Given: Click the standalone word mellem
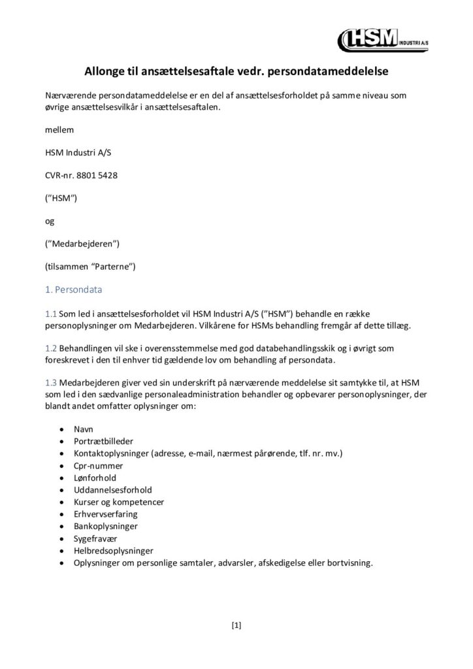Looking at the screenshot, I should tap(58, 129).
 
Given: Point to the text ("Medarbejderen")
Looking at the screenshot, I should tap(82, 244).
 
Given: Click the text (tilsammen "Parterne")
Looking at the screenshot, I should tap(90, 267).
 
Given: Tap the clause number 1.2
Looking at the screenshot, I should tap(51, 349).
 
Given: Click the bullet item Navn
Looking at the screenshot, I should tap(84, 431).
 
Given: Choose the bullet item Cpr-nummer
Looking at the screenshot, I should tap(99, 466).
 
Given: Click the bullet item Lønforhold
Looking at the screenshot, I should tap(95, 478).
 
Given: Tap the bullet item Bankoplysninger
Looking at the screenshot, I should tap(106, 526).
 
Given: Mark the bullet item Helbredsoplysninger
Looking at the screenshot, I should tap(114, 550).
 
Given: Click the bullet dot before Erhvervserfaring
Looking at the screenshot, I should tap(61, 515).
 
